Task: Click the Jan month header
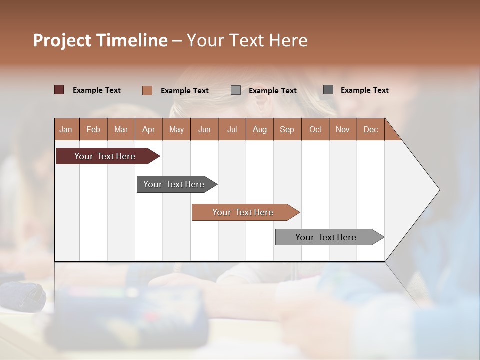(66, 129)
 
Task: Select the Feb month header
(93, 129)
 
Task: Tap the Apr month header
(148, 129)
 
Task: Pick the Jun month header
(204, 129)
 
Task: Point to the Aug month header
(259, 129)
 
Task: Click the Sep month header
(287, 129)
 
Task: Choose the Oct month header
(315, 129)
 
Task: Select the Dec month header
(370, 129)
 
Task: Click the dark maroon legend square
(59, 90)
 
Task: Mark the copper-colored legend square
(147, 90)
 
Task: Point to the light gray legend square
(236, 90)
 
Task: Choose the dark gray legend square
(328, 90)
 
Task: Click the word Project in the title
(62, 40)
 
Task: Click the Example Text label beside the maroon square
(97, 90)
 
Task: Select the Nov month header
(342, 129)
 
